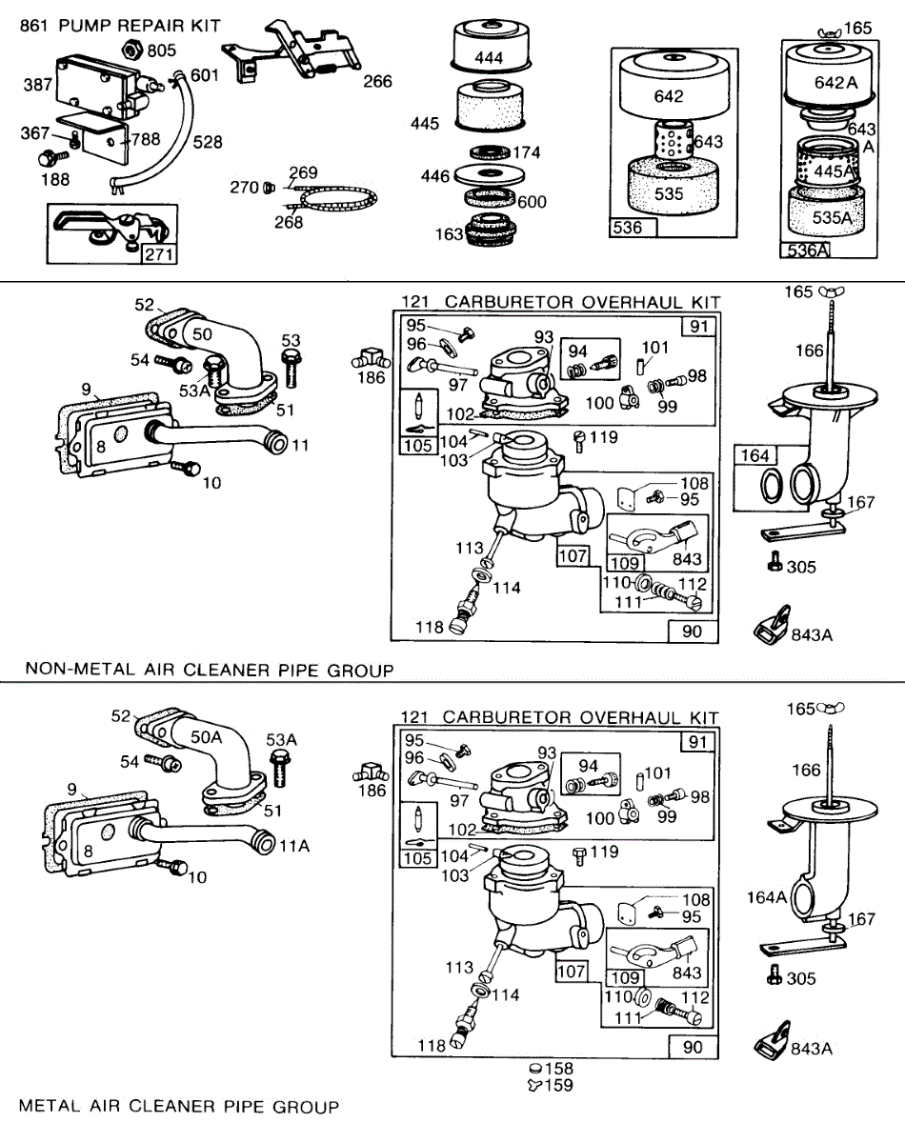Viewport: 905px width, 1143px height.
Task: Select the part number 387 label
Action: pos(38,86)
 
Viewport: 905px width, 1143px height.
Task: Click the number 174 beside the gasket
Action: pos(527,152)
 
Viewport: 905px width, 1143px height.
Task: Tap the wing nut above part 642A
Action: pos(825,33)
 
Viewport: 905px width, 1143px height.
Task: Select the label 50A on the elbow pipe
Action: pos(207,735)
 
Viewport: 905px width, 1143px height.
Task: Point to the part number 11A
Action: pos(294,846)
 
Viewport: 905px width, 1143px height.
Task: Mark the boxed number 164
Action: pos(754,456)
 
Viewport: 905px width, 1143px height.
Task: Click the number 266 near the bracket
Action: pos(377,82)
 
